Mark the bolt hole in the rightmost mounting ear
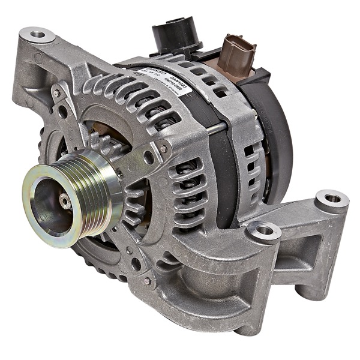pos(332,199)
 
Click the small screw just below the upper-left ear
pos(56,93)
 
